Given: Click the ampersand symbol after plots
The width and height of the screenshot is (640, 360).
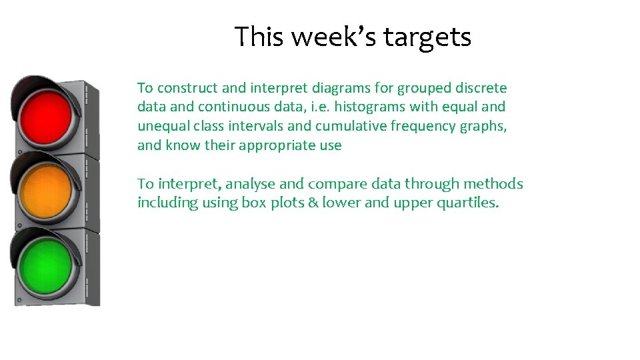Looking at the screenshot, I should point(312,203).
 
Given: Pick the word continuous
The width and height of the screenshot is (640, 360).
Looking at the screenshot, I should point(225,107).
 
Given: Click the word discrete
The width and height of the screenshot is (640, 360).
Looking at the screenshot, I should point(482,88).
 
